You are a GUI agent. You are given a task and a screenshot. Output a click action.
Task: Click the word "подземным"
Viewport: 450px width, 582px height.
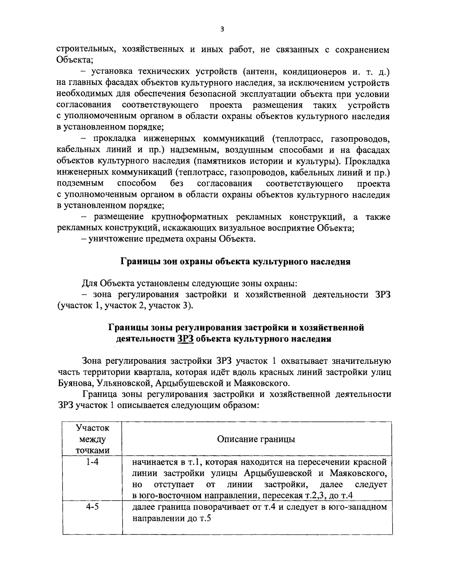[80, 184]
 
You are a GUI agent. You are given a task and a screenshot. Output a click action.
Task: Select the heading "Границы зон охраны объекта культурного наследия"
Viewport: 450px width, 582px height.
[235, 262]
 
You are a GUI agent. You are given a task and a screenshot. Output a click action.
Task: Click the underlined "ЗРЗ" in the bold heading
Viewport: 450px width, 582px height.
[184, 339]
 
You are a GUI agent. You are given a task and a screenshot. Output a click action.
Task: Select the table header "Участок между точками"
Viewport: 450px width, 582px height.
[92, 439]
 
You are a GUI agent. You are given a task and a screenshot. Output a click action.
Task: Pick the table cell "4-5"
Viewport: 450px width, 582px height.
[92, 507]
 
